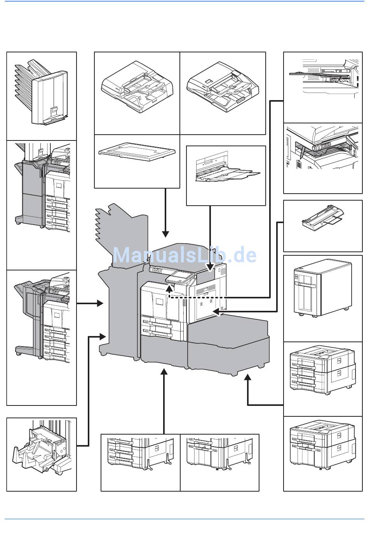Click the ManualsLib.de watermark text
coord(184,256)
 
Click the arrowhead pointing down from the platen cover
coord(165,234)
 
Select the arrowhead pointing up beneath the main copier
coord(164,372)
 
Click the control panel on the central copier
coord(180,277)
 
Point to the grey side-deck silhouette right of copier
coord(229,341)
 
